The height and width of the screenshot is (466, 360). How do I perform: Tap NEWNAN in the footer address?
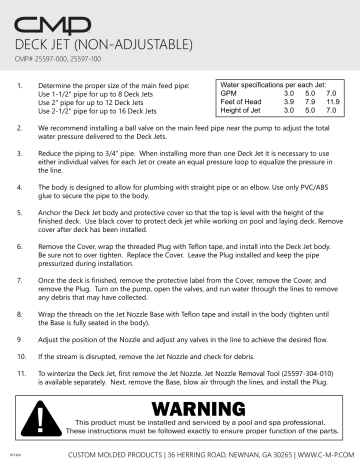[x=239, y=455]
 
